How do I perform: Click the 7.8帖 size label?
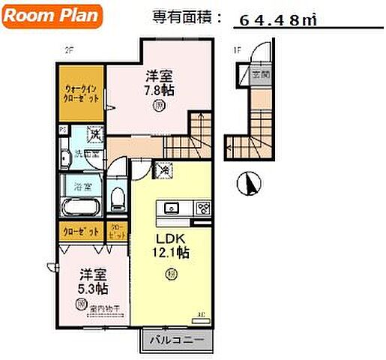[160, 88]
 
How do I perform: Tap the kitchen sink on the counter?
[169, 208]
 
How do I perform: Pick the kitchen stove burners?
[203, 208]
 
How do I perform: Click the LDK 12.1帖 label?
[172, 246]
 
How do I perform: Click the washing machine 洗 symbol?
[94, 136]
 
